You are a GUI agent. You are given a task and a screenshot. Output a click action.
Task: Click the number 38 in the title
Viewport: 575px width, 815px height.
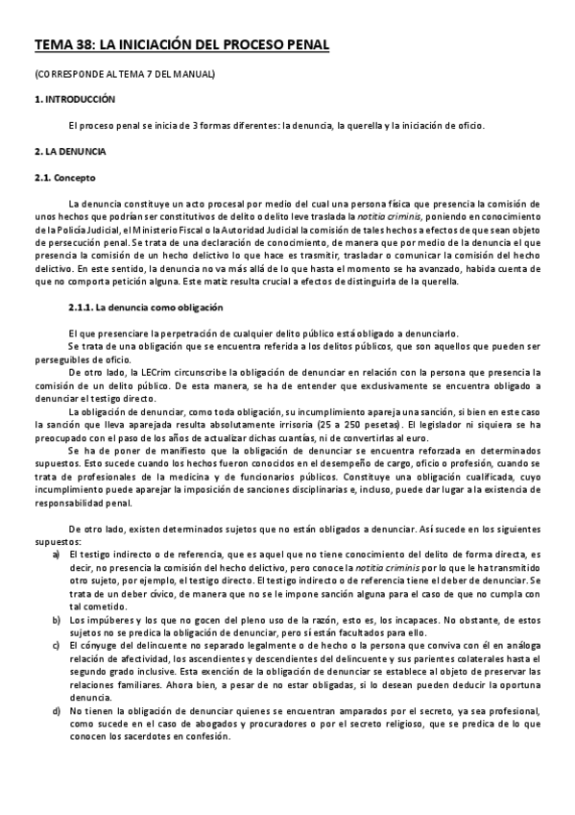[x=84, y=44]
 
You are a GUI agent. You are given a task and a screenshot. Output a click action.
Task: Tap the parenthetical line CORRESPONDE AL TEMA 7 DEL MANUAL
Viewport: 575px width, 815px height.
[x=125, y=74]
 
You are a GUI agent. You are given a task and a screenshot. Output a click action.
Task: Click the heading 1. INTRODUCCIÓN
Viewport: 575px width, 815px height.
[x=74, y=99]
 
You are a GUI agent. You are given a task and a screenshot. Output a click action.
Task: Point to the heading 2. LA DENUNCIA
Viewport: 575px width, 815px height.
[x=70, y=152]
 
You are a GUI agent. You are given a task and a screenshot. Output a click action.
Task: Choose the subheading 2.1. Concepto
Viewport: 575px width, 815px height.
[x=65, y=178]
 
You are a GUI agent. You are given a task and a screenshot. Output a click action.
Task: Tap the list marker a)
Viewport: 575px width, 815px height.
[x=58, y=555]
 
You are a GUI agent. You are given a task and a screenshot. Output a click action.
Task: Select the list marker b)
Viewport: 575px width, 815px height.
[x=58, y=620]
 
